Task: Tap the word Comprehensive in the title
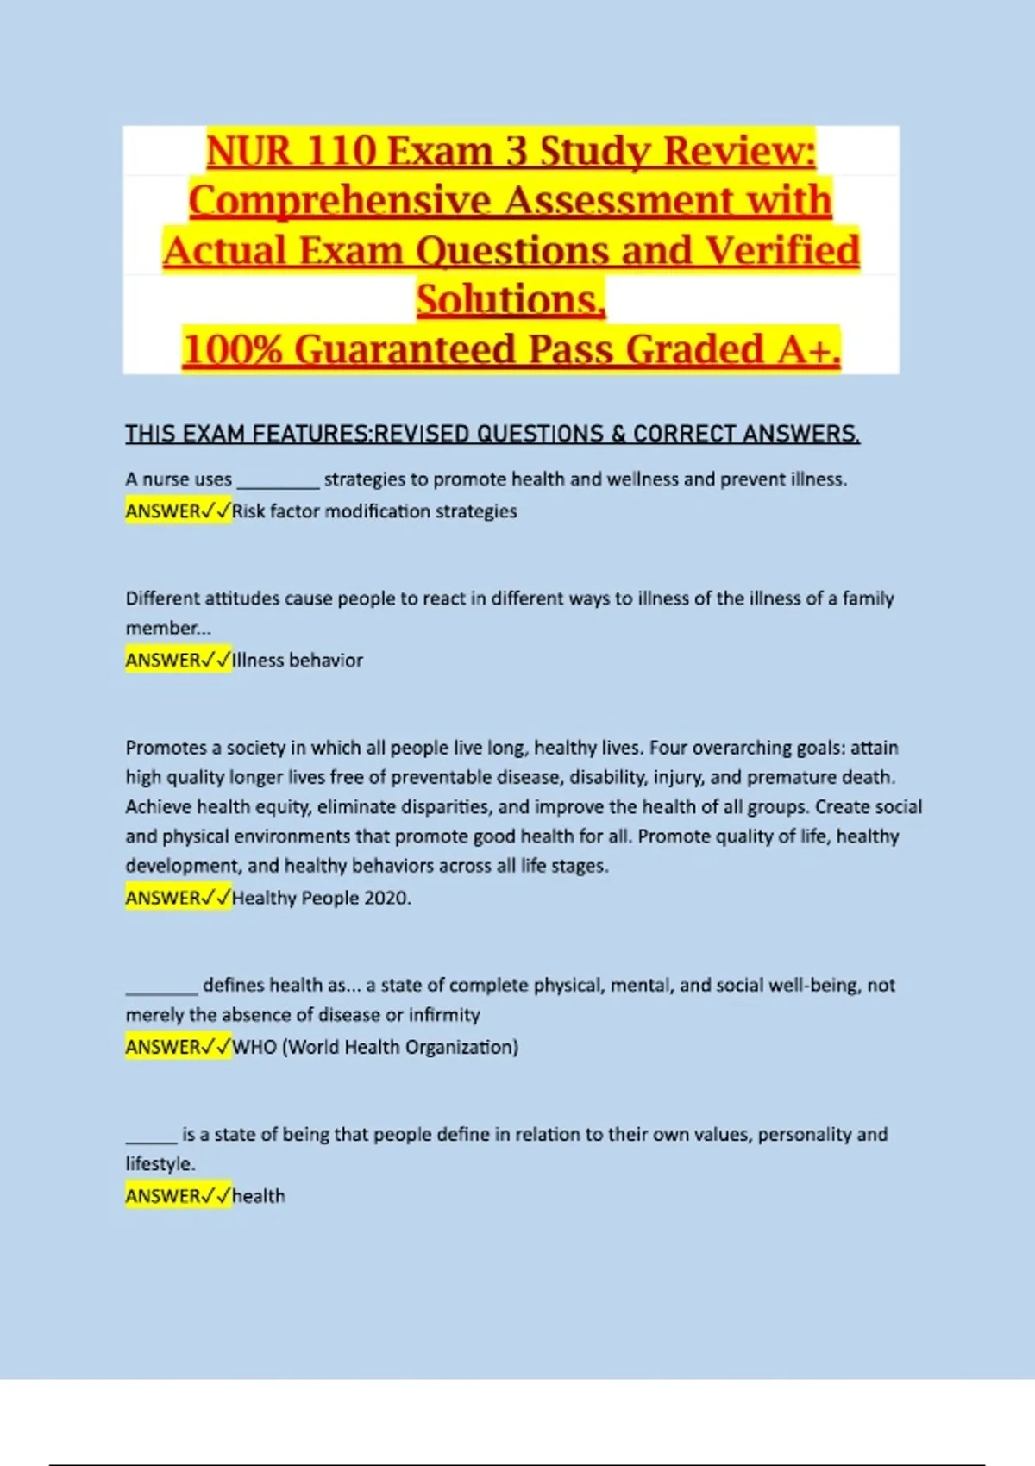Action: [342, 201]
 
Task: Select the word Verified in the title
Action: [782, 251]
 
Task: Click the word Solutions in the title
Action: [509, 300]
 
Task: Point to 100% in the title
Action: [233, 350]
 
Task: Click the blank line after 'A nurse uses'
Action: [278, 481]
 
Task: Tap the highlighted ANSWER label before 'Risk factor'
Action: [163, 511]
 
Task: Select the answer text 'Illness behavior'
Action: [298, 661]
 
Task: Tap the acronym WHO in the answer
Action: [254, 1048]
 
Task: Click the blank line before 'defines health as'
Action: [162, 987]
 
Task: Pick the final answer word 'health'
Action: [259, 1197]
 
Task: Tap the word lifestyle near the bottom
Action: [160, 1164]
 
